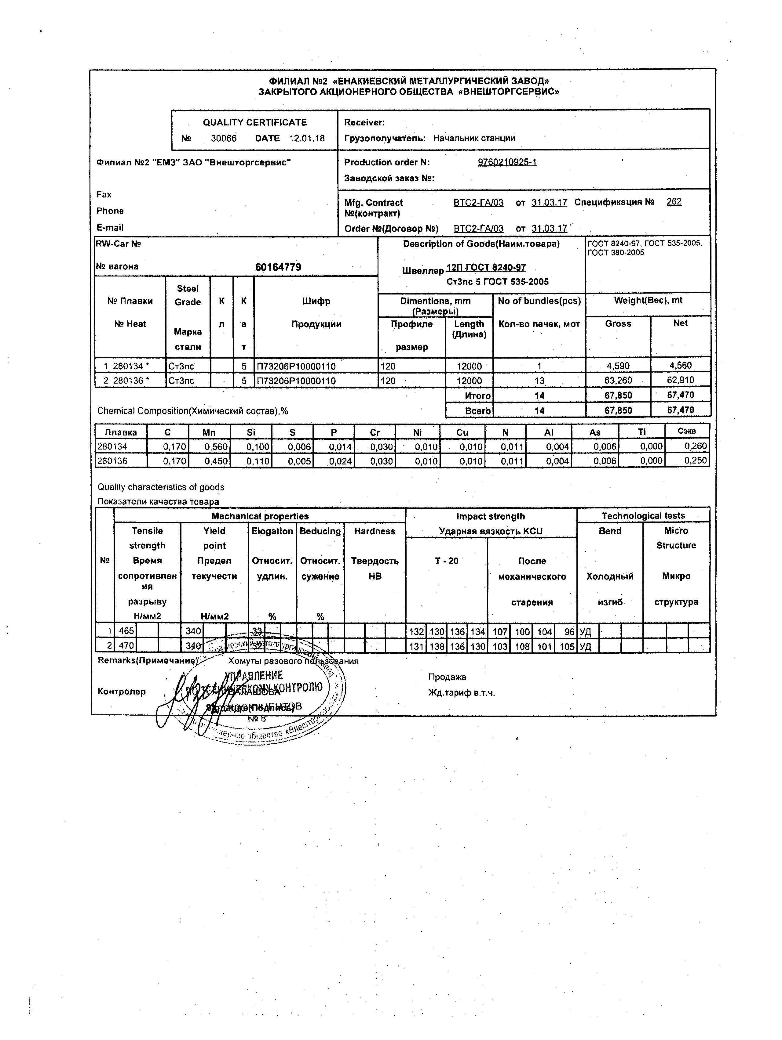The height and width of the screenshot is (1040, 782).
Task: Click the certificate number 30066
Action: click(224, 138)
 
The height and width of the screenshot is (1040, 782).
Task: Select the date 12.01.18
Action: click(307, 138)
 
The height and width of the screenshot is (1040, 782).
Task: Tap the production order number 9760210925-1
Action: click(507, 162)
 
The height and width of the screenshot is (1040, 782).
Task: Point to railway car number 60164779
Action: click(278, 267)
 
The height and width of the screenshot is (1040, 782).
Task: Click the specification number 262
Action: click(674, 202)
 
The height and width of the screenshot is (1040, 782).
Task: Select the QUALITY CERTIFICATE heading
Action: click(254, 122)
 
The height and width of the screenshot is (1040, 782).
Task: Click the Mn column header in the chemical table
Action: click(209, 432)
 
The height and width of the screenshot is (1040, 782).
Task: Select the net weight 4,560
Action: click(680, 365)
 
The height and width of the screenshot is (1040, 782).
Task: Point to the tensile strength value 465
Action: click(126, 631)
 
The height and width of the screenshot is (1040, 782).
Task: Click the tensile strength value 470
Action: click(126, 646)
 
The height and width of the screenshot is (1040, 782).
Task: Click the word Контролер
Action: click(121, 692)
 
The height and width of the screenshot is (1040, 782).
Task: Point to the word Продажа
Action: click(447, 677)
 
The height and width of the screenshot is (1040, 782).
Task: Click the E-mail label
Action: click(110, 228)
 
